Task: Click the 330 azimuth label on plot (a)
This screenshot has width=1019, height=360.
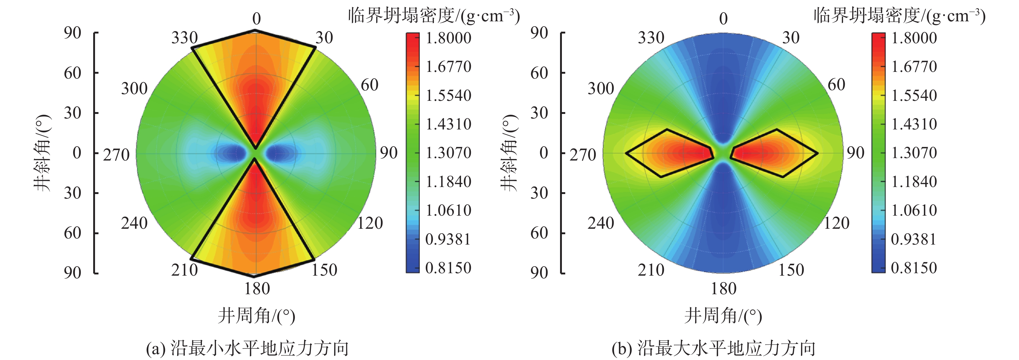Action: pyautogui.click(x=184, y=38)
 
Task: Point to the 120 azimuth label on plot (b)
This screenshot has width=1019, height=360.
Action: pyautogui.click(x=837, y=223)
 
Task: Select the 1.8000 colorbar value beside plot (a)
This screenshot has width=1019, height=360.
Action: pyautogui.click(x=448, y=38)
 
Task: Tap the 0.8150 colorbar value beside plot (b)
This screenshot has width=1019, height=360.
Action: pyautogui.click(x=914, y=268)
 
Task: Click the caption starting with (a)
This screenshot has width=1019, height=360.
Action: pyautogui.click(x=247, y=348)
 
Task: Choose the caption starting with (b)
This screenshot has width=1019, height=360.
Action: pyautogui.click(x=713, y=348)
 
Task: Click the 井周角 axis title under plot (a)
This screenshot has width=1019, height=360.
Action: pyautogui.click(x=256, y=316)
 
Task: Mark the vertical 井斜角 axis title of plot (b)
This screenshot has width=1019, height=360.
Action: pyautogui.click(x=509, y=153)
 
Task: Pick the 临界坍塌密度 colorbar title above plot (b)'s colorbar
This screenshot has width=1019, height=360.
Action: pyautogui.click(x=899, y=16)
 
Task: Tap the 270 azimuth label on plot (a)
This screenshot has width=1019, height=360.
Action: pyautogui.click(x=116, y=154)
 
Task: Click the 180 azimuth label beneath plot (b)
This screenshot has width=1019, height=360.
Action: pyautogui.click(x=724, y=288)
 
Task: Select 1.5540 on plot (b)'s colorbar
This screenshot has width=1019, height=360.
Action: pyautogui.click(x=914, y=95)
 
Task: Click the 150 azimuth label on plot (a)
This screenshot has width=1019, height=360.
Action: pyautogui.click(x=324, y=270)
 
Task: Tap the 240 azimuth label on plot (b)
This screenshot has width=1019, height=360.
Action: pyautogui.click(x=601, y=223)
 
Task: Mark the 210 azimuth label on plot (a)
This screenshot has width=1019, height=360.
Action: pyautogui.click(x=184, y=270)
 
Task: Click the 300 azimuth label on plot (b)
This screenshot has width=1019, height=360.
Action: pyautogui.click(x=601, y=88)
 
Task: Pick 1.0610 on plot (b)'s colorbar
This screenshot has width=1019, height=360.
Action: pyautogui.click(x=914, y=210)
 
